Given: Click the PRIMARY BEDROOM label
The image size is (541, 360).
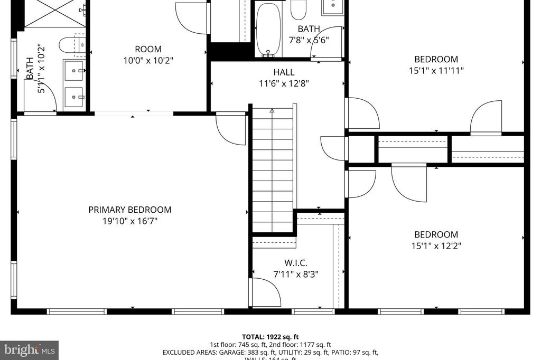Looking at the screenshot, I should coord(129,210).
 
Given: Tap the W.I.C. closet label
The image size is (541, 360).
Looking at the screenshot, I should coord(295,262).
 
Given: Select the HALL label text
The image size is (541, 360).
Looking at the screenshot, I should coord(284,72).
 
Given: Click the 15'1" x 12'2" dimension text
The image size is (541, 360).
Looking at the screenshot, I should coord(435,245).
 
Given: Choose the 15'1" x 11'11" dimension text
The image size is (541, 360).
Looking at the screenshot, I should coord(436,70).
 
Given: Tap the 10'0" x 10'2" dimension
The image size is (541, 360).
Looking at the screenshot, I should coord(148,60).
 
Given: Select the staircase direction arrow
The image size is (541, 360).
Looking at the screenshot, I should coord(272,111).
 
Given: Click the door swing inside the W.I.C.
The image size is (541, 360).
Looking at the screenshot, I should coord(265,292).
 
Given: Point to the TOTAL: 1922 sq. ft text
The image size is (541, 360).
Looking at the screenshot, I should coord(270,336).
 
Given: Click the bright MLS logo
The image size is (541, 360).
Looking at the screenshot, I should coord(29,349).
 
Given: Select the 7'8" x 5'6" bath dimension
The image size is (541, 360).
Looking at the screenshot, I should coord(309,40).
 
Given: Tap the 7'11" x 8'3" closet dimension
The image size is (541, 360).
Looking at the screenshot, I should coord(295,274).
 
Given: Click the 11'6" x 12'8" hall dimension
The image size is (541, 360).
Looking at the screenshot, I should coord(284,83).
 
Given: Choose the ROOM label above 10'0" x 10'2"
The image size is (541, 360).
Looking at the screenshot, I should coord(148,49).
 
